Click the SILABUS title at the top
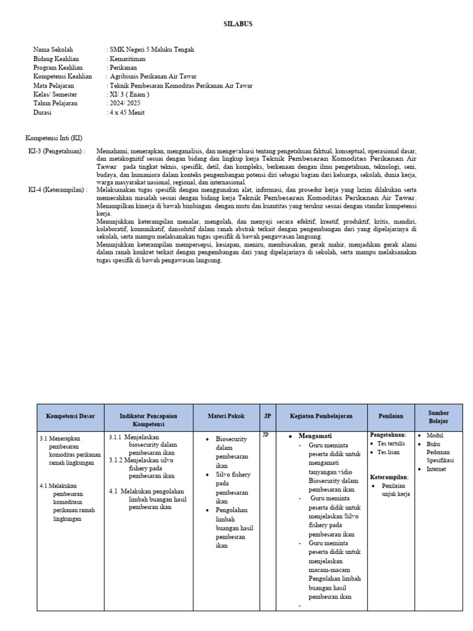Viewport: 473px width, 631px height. [x=237, y=24]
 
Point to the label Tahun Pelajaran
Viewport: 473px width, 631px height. [x=55, y=104]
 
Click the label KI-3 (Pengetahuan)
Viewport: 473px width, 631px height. [x=57, y=151]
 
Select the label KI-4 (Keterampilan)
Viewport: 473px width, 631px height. [x=58, y=190]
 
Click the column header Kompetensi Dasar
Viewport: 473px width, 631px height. [x=70, y=417]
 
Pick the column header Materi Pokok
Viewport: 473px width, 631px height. [x=226, y=417]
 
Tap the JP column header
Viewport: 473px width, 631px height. [x=267, y=417]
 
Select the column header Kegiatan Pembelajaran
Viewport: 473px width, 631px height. [x=321, y=417]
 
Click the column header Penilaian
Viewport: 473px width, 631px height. [x=390, y=417]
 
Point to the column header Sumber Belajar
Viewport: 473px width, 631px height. [x=439, y=417]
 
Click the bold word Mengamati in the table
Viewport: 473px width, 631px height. [x=315, y=436]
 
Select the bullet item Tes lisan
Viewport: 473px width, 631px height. [x=389, y=452]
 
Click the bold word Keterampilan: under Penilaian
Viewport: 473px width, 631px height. [x=389, y=477]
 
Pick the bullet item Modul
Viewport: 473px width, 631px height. [x=435, y=435]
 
